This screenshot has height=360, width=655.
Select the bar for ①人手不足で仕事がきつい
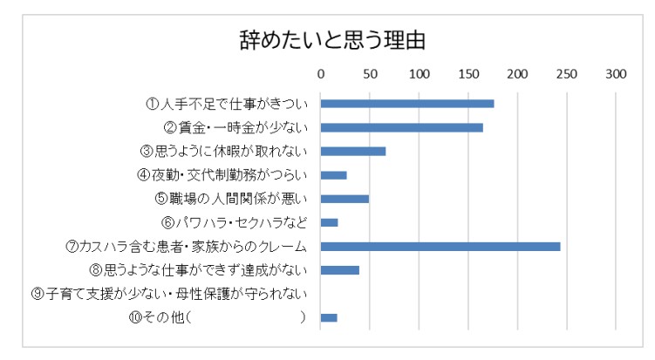pyautogui.click(x=407, y=104)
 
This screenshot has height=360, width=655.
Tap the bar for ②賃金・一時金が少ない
pyautogui.click(x=402, y=127)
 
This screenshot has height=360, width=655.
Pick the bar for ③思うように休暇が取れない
pyautogui.click(x=353, y=151)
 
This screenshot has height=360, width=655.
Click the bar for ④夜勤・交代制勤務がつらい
pyautogui.click(x=334, y=175)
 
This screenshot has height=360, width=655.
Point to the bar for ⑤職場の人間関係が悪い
pyautogui.click(x=345, y=199)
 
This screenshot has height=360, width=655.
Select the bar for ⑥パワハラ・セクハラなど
pyautogui.click(x=330, y=222)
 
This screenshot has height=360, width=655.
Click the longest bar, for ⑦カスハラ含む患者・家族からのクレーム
pyautogui.click(x=440, y=247)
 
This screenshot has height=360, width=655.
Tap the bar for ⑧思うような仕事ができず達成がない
pyautogui.click(x=340, y=270)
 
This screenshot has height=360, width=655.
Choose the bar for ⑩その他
pyautogui.click(x=329, y=317)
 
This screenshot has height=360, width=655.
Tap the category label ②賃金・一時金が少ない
pyautogui.click(x=233, y=127)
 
